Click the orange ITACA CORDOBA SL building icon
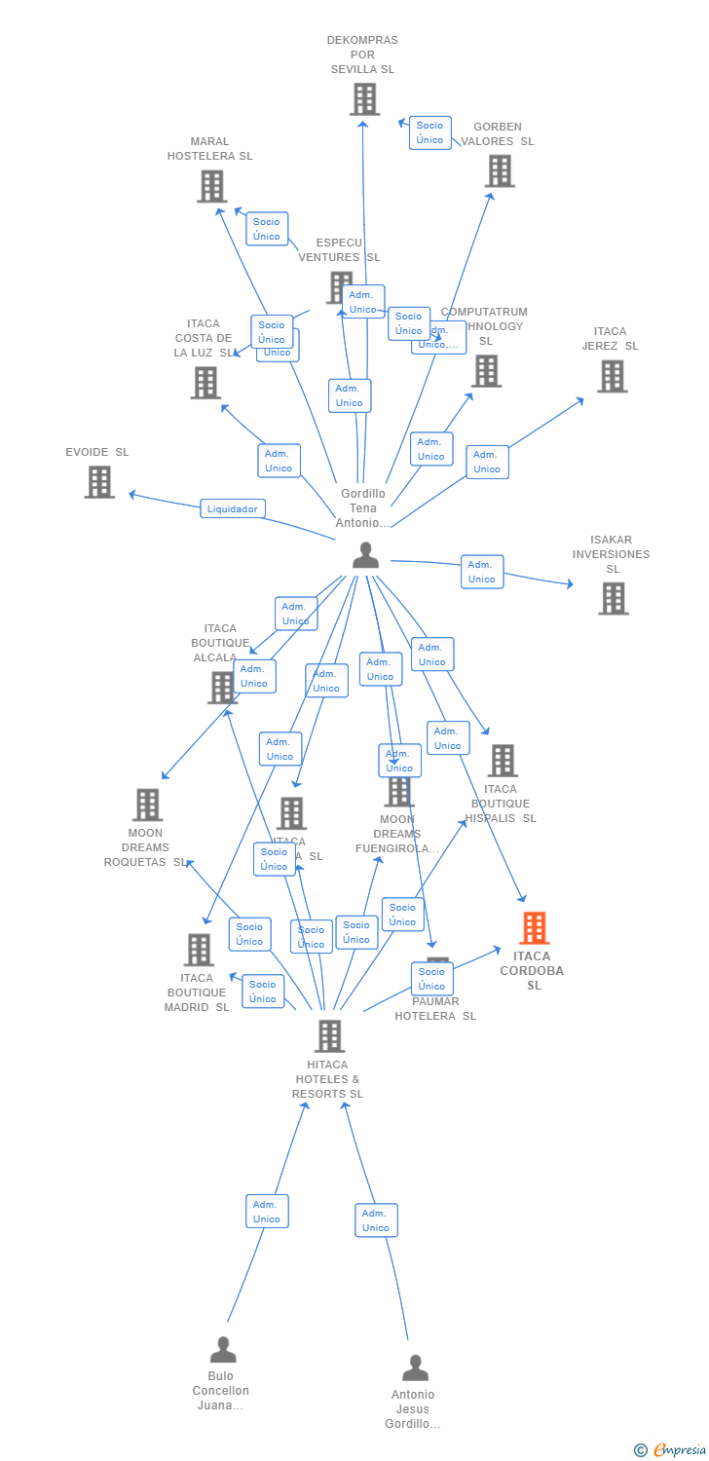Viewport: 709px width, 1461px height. tap(534, 928)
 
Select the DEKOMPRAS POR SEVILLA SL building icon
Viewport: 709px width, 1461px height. tap(364, 99)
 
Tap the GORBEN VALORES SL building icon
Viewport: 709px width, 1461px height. tap(500, 170)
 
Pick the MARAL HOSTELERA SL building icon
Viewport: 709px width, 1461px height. tap(211, 186)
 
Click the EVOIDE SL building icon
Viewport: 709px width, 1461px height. tap(99, 482)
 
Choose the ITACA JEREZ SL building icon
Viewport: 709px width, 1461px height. tap(612, 376)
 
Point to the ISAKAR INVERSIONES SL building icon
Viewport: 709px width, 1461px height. tap(613, 598)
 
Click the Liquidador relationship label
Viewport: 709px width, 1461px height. tap(233, 508)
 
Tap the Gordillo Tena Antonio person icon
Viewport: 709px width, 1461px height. tap(365, 555)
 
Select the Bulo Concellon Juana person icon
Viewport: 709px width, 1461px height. tap(223, 1350)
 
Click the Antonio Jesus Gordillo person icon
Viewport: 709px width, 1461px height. tap(415, 1367)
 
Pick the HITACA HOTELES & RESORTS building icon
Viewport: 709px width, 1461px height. tap(330, 1035)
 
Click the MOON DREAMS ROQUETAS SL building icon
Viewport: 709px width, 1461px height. tap(148, 805)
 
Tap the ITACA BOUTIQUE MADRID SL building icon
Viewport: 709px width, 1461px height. tap(199, 950)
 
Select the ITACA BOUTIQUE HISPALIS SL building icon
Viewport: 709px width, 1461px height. tap(502, 761)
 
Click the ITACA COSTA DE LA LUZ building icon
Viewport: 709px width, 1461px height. tap(205, 383)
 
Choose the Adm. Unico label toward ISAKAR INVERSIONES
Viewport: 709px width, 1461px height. tap(481, 572)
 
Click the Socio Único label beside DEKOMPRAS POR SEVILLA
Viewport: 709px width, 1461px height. tap(429, 132)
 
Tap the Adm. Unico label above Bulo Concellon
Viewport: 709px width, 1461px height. tap(267, 1212)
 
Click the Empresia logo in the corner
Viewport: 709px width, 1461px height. tap(671, 1450)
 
